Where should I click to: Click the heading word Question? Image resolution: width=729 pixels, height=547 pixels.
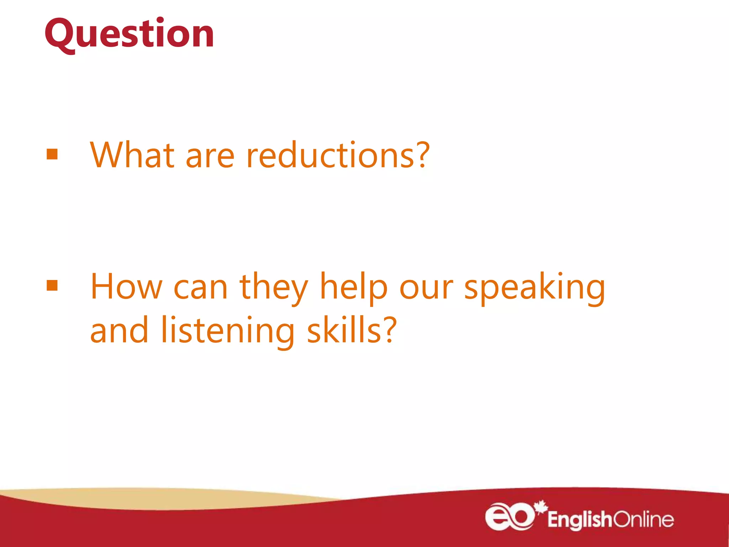click(129, 34)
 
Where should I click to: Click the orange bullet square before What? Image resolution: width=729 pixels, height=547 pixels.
click(52, 155)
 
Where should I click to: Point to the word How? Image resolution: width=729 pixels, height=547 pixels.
click(126, 287)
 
